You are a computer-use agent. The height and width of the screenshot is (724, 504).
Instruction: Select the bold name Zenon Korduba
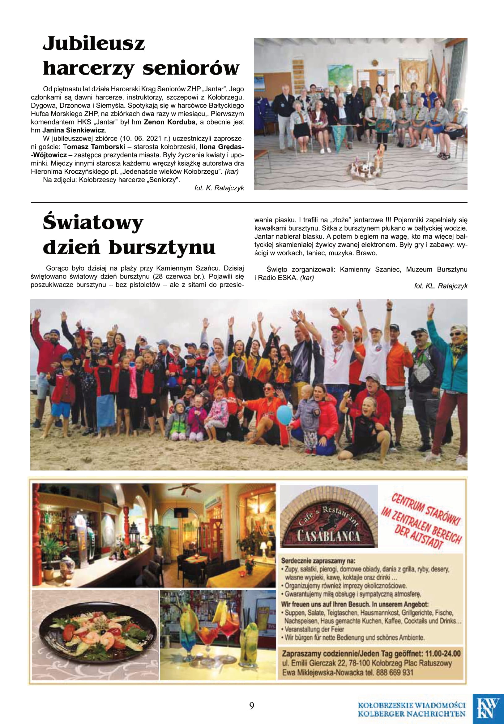click(169, 122)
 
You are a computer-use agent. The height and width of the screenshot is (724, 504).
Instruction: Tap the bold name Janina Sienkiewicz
click(73, 130)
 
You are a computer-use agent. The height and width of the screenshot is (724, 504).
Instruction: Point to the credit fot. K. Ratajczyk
click(219, 188)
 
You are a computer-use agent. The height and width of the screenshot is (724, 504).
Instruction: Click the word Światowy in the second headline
click(93, 223)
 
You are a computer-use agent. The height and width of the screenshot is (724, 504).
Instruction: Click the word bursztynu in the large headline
click(162, 248)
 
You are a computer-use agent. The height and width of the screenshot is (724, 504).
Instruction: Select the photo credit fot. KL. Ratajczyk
click(440, 286)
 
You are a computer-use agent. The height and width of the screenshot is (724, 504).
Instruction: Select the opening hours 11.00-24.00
click(442, 653)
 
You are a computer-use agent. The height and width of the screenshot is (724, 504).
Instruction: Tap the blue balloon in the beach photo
click(284, 415)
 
